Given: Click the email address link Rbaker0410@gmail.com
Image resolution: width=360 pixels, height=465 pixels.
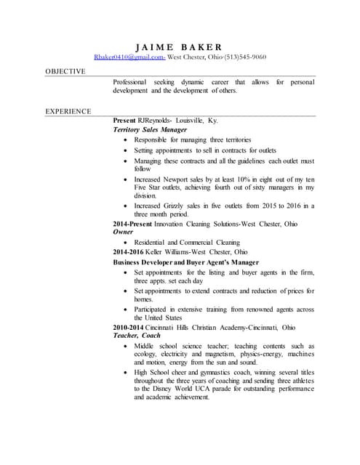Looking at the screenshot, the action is click(129, 56).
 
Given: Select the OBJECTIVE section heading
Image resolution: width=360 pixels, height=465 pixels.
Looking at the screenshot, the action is click(65, 71).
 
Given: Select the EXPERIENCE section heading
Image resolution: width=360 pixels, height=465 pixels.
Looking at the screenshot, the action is click(68, 111).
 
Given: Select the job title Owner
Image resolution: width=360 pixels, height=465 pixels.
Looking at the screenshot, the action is click(124, 232).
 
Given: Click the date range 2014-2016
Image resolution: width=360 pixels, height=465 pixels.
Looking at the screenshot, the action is click(129, 251).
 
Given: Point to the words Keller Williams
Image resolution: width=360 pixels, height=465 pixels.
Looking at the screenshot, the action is click(173, 251).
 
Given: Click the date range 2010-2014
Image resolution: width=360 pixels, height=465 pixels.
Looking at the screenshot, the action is click(129, 327).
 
